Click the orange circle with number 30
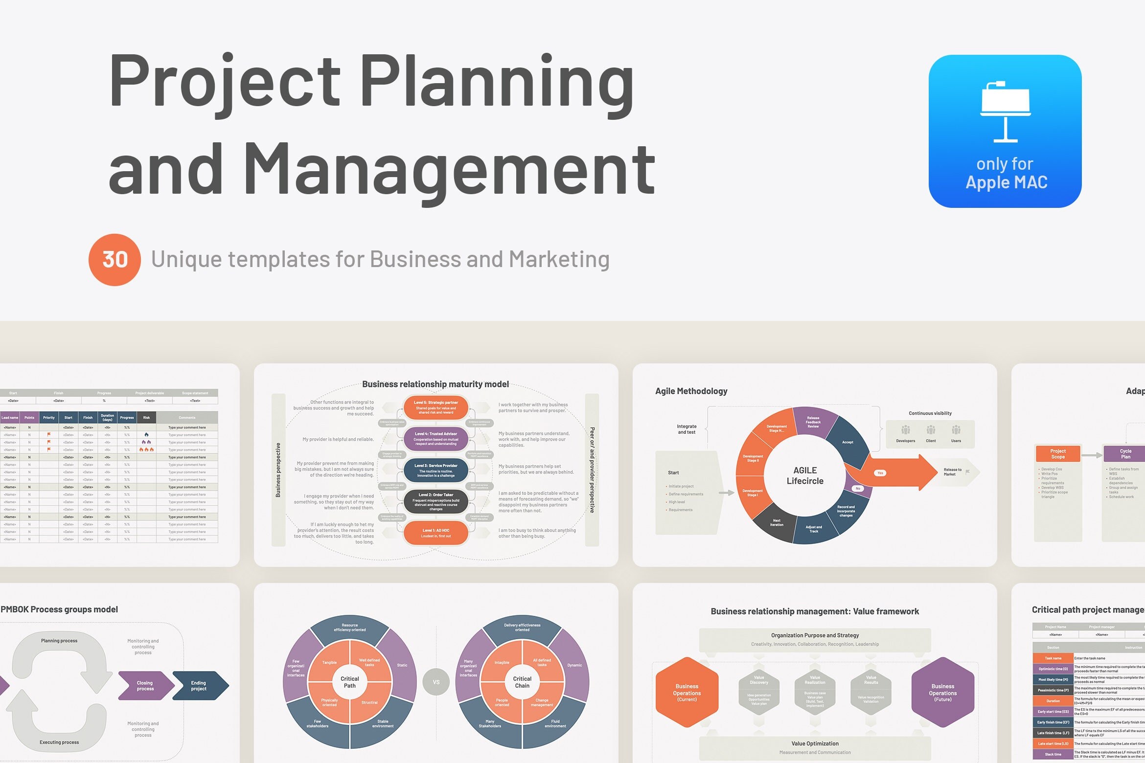tap(114, 260)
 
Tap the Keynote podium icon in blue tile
tap(1006, 112)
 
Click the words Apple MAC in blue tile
tap(1006, 182)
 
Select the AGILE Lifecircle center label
tap(805, 475)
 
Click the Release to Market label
tap(952, 472)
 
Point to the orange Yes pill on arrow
tap(880, 473)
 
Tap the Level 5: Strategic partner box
tap(436, 407)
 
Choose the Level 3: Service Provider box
tap(436, 470)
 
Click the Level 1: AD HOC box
tap(436, 533)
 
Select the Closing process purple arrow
tap(145, 686)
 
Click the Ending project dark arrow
tap(200, 686)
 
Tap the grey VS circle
tap(436, 682)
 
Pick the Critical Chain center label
tap(522, 682)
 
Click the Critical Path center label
tap(350, 682)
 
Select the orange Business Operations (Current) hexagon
tap(687, 692)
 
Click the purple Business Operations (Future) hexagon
tap(942, 692)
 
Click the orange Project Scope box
tap(1058, 453)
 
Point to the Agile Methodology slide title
tap(691, 391)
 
